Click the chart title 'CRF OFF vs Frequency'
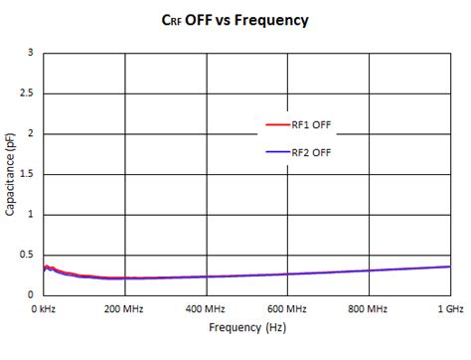tap(235, 19)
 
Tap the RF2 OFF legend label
tap(310, 151)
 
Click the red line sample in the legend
tap(275, 124)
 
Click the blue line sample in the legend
tap(275, 151)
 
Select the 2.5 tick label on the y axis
tap(26, 92)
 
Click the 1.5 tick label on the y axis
tap(26, 174)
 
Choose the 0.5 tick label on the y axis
tap(26, 255)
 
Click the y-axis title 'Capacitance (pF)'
tap(10, 174)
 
